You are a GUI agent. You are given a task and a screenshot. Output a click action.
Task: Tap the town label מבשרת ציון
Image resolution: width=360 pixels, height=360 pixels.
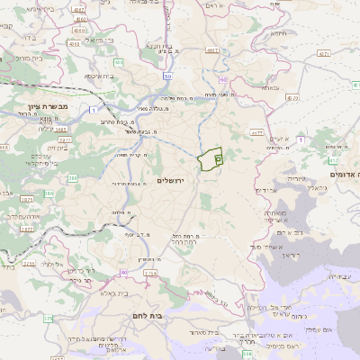coord(36,107)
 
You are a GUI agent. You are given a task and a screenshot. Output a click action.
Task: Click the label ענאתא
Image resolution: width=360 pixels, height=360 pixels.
coord(271,88)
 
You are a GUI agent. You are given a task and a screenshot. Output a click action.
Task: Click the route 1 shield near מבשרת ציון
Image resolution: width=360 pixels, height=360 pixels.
coord(94,109)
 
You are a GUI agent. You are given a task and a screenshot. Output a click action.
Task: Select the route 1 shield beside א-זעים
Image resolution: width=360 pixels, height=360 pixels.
coord(301,140)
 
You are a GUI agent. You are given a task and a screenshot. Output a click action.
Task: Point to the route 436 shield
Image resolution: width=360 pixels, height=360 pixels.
coord(119,62)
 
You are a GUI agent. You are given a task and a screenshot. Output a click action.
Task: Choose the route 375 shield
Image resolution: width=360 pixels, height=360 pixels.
coord(48,318)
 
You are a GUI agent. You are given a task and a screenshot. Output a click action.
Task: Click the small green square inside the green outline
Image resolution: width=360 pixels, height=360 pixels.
coord(218,157)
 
